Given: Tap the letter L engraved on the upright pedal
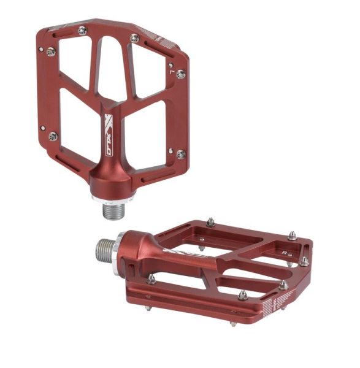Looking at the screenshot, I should (x=171, y=72).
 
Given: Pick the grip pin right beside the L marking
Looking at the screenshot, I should (x=180, y=74).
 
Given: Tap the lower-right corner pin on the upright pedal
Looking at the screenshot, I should (x=181, y=154).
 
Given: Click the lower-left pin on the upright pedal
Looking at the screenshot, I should (x=53, y=136).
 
